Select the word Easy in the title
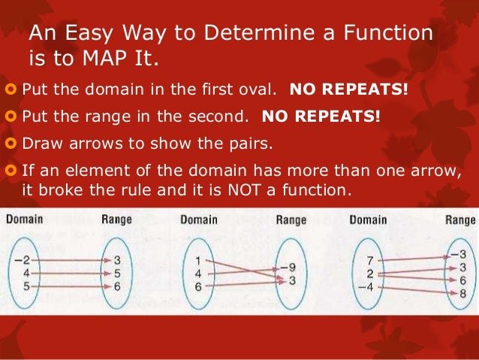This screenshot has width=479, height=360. point(92,33)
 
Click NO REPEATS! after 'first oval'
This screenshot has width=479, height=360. point(349,92)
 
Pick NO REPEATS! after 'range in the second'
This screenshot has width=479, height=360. point(321,118)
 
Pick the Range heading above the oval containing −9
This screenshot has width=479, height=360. point(291,220)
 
